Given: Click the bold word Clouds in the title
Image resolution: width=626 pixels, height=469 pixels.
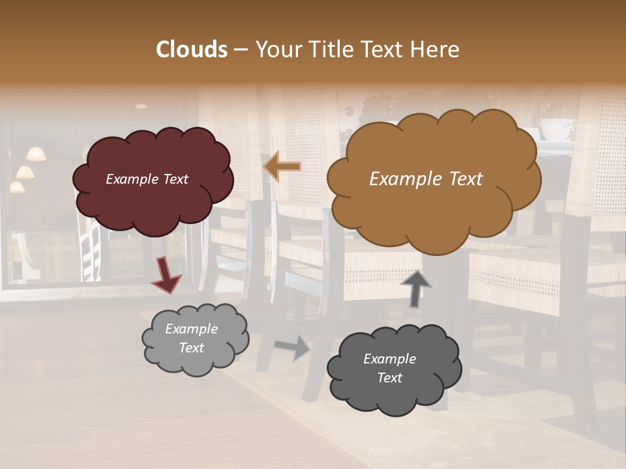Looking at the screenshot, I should tap(192, 50).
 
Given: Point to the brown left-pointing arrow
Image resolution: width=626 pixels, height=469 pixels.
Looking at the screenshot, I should tap(282, 167).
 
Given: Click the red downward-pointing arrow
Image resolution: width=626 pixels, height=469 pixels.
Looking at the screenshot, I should tap(167, 274).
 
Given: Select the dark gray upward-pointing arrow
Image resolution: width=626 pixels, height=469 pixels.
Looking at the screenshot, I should tap(416, 288).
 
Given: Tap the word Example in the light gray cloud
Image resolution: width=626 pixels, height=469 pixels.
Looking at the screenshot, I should tap(191, 329).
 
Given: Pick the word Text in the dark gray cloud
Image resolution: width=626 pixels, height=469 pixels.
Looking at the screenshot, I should tap(389, 378).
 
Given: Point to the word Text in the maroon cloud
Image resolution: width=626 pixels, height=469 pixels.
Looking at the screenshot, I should tap(175, 179).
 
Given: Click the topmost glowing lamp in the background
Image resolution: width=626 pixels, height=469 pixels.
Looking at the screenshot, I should tap(37, 154).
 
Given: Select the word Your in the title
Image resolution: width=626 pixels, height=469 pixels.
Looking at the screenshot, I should tap(275, 50).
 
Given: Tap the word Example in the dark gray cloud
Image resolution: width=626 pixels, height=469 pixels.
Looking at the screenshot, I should tap(389, 359).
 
